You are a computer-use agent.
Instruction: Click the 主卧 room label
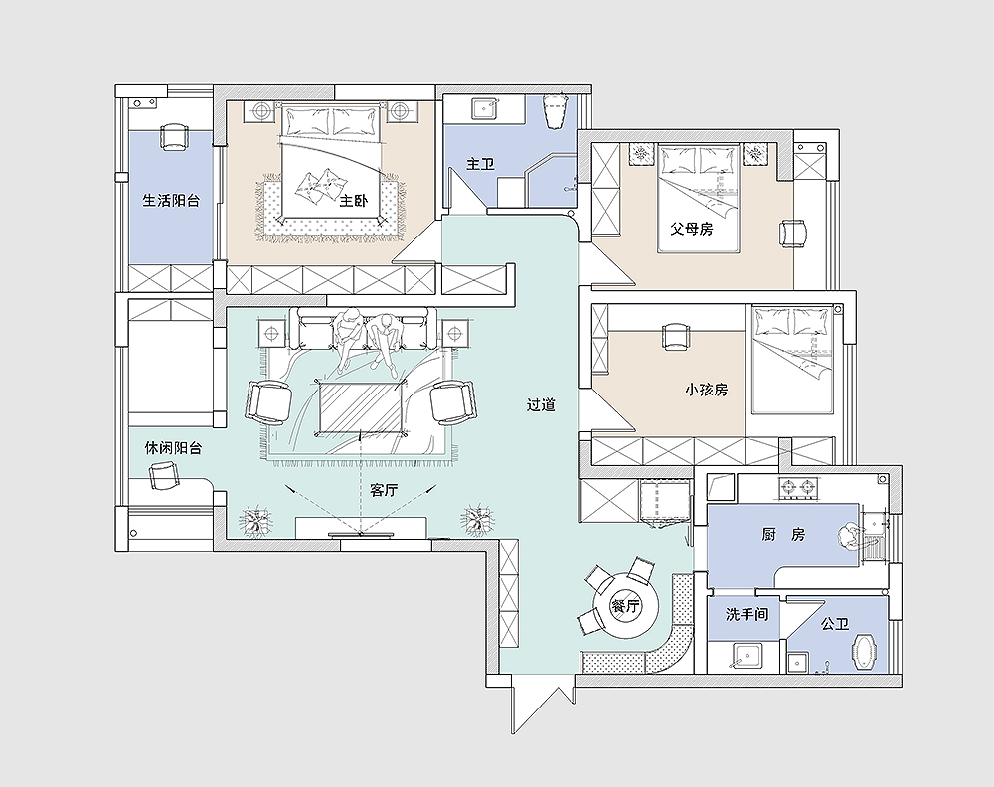(354, 201)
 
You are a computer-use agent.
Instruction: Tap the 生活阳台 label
(171, 201)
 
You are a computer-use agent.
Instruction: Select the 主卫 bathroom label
(480, 164)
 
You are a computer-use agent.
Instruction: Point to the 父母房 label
(692, 229)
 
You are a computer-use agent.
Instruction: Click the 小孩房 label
(706, 390)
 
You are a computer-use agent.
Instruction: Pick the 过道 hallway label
(542, 404)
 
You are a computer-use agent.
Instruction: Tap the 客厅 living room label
(384, 490)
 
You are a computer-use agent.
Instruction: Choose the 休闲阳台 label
(173, 448)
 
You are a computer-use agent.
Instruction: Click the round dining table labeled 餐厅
(624, 606)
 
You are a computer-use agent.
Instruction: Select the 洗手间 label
(746, 614)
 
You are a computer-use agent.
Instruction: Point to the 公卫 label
(835, 624)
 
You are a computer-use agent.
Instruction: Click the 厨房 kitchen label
(783, 535)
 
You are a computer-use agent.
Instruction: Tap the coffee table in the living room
(360, 407)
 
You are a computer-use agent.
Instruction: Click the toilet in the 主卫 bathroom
(555, 111)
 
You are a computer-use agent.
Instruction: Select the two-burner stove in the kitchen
(797, 487)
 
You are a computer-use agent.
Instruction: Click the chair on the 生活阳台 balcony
(175, 137)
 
